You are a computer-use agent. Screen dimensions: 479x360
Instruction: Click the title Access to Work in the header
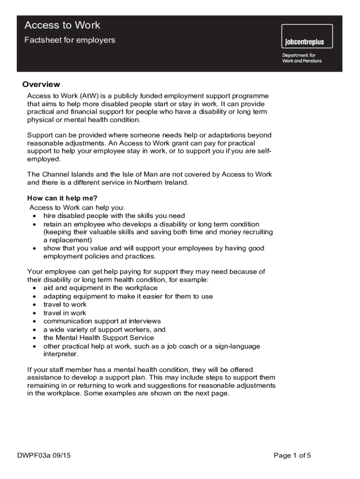[x=62, y=25]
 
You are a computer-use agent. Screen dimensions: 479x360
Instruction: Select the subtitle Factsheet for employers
[x=70, y=40]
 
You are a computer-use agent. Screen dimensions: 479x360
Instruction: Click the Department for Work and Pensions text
[x=302, y=58]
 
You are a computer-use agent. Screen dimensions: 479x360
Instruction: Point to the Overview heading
[x=41, y=85]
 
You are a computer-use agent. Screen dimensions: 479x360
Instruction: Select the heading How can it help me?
[x=62, y=198]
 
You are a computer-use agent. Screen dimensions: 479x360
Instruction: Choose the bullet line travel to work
[x=65, y=305]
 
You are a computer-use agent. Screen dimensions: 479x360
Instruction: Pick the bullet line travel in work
[x=65, y=313]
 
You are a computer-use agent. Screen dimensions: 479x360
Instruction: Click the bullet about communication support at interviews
[x=102, y=321]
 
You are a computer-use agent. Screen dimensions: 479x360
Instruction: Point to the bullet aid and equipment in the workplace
[x=101, y=288]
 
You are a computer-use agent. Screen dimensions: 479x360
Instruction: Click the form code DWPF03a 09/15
[x=44, y=456]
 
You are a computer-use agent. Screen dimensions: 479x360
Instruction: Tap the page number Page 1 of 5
[x=292, y=456]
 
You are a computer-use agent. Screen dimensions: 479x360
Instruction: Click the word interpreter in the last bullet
[x=60, y=354]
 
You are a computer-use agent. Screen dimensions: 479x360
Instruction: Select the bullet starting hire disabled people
[x=114, y=216]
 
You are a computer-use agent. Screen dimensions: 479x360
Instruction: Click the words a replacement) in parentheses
[x=67, y=240]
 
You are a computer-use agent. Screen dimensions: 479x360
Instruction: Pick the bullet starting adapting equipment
[x=128, y=297]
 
